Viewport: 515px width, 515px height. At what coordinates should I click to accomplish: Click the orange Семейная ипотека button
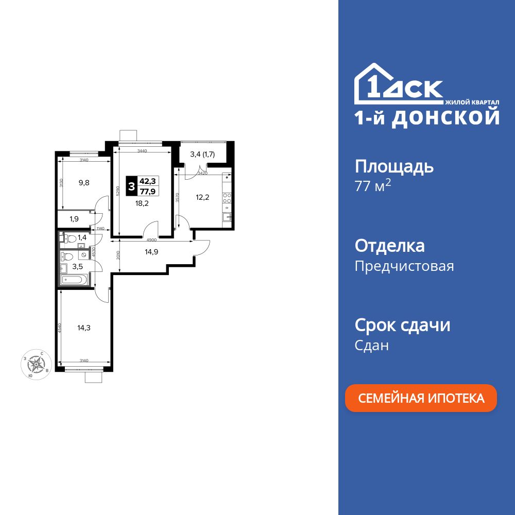pyautogui.click(x=421, y=398)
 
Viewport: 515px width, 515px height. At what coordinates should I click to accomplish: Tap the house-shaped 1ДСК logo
pyautogui.click(x=399, y=84)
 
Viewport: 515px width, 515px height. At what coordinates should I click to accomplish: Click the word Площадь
pyautogui.click(x=394, y=166)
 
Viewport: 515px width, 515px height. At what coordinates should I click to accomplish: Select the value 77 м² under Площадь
pyautogui.click(x=373, y=186)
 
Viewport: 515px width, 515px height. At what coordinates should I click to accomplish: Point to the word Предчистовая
pyautogui.click(x=404, y=266)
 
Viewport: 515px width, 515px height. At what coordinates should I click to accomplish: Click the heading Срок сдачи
pyautogui.click(x=403, y=325)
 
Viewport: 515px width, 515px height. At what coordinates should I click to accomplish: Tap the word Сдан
pyautogui.click(x=372, y=345)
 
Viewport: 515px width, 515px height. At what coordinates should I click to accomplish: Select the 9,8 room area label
pyautogui.click(x=84, y=182)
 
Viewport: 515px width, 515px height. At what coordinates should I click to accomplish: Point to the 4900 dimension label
pyautogui.click(x=152, y=240)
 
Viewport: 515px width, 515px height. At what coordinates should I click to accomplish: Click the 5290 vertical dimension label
pyautogui.click(x=118, y=191)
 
